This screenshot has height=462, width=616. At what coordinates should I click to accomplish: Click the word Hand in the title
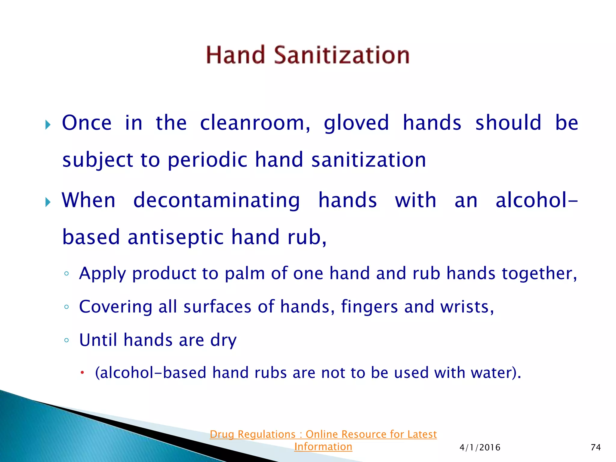[235, 55]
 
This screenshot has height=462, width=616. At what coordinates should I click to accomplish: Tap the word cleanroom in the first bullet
[255, 123]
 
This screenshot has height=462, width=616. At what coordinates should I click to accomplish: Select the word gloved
[356, 123]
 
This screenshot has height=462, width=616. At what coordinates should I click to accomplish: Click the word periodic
[207, 160]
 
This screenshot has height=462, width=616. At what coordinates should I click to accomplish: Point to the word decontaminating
[217, 201]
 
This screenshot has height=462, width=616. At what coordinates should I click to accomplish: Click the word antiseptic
[176, 237]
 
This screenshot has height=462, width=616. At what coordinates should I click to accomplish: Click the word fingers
[369, 307]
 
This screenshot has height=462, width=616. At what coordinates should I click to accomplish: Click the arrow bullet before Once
[48, 125]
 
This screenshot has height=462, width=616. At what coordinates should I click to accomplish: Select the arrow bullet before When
[48, 202]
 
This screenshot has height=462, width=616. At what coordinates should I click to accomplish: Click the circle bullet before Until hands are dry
[66, 340]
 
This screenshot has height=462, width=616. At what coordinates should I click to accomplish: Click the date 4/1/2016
[480, 448]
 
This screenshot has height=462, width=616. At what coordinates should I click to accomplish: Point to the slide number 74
[596, 448]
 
